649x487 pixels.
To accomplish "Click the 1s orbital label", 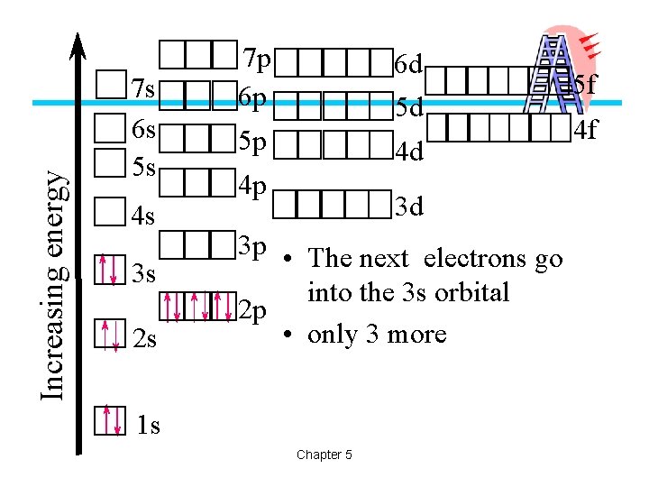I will tap(148, 425).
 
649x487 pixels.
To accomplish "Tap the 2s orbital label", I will tap(144, 340).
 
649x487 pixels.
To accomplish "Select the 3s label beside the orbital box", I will tap(144, 273).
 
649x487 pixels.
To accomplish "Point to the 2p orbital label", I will tap(255, 311).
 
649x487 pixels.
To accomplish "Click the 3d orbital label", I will tap(408, 207).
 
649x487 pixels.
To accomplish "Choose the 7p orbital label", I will tap(256, 60).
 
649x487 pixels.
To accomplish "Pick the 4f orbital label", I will tap(586, 130).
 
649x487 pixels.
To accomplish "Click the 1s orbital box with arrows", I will tap(111, 419).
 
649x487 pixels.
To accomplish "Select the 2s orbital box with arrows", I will tap(111, 334).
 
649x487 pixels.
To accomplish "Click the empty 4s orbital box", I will tap(110, 214).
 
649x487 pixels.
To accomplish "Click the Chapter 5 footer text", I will tap(324, 455).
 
